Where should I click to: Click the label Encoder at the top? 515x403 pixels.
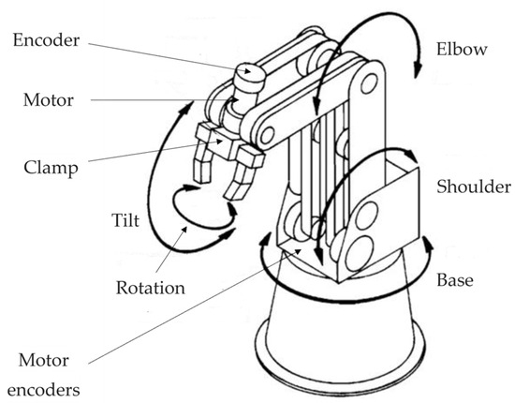[x=46, y=40]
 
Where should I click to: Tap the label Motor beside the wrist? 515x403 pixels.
[x=49, y=100]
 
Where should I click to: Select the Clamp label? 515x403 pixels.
[x=51, y=168]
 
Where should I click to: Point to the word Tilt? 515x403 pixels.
[x=125, y=219]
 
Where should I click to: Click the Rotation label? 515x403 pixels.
[x=151, y=288]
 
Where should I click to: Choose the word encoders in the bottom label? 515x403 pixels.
[x=44, y=390]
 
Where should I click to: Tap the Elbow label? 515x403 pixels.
[x=462, y=49]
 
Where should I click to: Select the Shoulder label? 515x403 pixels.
[x=474, y=187]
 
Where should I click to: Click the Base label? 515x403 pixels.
[x=455, y=280]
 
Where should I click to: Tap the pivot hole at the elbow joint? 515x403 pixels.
[x=369, y=83]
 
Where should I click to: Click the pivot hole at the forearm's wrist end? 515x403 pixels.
[x=267, y=135]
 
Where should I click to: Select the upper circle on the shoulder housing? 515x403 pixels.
[x=366, y=216]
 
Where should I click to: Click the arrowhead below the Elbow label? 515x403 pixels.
[x=417, y=68]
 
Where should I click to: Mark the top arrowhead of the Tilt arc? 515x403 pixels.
[x=186, y=107]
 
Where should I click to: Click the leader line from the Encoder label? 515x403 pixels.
[x=166, y=57]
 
